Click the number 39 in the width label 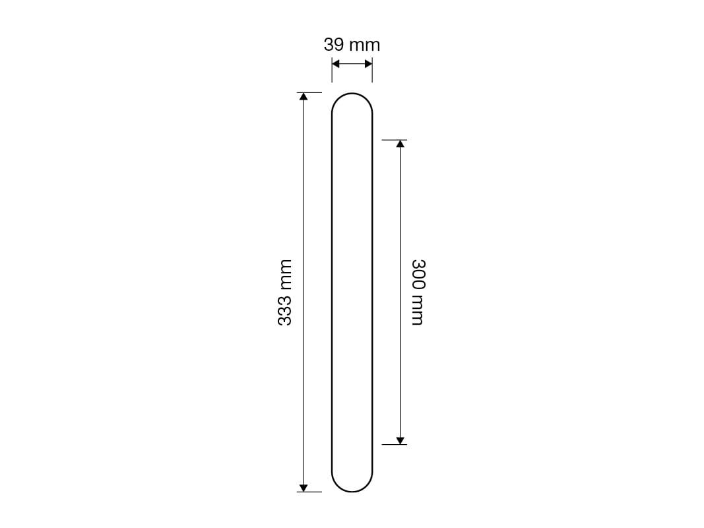tap(334, 45)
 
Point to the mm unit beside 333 tap(284, 273)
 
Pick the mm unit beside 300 tap(418, 310)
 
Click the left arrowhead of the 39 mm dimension tap(335, 64)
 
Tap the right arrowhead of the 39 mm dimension tap(368, 64)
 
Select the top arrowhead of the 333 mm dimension tap(304, 96)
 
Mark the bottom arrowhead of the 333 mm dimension tap(304, 488)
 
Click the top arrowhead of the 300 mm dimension tap(400, 144)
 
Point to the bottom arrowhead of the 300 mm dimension tap(400, 440)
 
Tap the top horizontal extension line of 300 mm tap(394, 140)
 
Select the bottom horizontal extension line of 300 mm tap(394, 444)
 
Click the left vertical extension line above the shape tap(332, 71)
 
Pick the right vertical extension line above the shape tap(372, 71)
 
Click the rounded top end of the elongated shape tap(352, 94)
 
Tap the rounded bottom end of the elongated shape tap(352, 491)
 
